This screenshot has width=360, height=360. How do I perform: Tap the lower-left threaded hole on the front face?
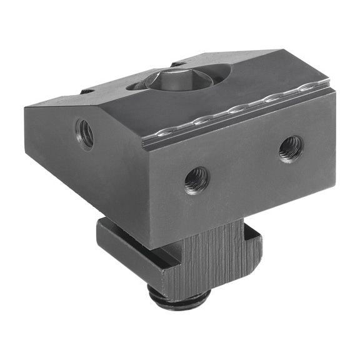196,180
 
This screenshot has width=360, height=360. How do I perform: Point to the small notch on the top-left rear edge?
87,92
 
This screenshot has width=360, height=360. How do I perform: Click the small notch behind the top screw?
177,64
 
